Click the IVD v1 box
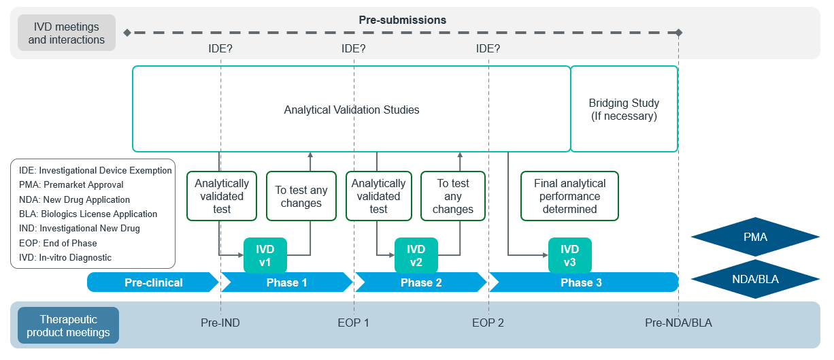click(265, 255)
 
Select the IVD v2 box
click(416, 255)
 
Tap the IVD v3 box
click(569, 255)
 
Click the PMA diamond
click(755, 237)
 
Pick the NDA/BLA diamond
click(755, 279)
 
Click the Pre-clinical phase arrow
click(153, 282)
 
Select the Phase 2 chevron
click(420, 282)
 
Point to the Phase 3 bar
click(584, 282)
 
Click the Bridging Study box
click(624, 109)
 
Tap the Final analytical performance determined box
click(569, 196)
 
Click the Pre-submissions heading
click(403, 20)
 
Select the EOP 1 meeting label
click(353, 323)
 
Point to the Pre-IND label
click(220, 323)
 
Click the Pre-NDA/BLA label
click(678, 323)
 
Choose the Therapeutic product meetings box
click(69, 325)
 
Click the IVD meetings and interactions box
click(67, 33)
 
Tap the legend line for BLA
click(88, 214)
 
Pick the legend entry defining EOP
click(58, 243)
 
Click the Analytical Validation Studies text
click(352, 110)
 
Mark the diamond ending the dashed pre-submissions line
click(679, 33)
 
